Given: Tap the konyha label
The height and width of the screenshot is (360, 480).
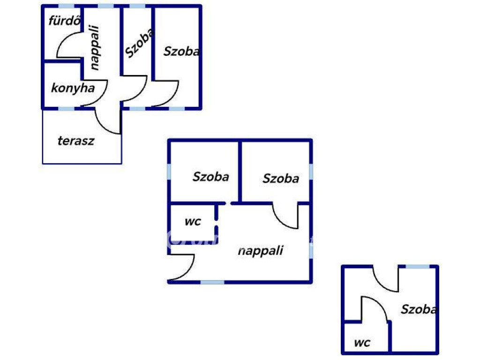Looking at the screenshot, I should pyautogui.click(x=73, y=88).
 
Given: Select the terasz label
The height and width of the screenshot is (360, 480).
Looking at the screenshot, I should pyautogui.click(x=76, y=141).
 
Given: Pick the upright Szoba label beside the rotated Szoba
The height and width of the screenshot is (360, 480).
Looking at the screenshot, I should pyautogui.click(x=181, y=52).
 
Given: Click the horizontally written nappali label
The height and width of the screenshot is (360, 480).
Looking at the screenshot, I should pyautogui.click(x=261, y=250).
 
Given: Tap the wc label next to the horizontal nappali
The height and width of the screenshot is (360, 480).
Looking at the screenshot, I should pyautogui.click(x=193, y=221).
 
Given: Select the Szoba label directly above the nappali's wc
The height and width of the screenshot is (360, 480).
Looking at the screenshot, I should pyautogui.click(x=211, y=177).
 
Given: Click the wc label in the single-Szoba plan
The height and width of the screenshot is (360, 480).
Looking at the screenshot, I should pyautogui.click(x=362, y=343).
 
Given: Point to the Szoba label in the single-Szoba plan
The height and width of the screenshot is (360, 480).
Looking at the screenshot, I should pyautogui.click(x=420, y=309).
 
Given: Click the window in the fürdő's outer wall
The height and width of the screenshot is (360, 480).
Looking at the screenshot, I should pyautogui.click(x=66, y=6).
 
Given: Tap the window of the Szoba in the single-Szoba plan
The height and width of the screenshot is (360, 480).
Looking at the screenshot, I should pyautogui.click(x=417, y=267).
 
